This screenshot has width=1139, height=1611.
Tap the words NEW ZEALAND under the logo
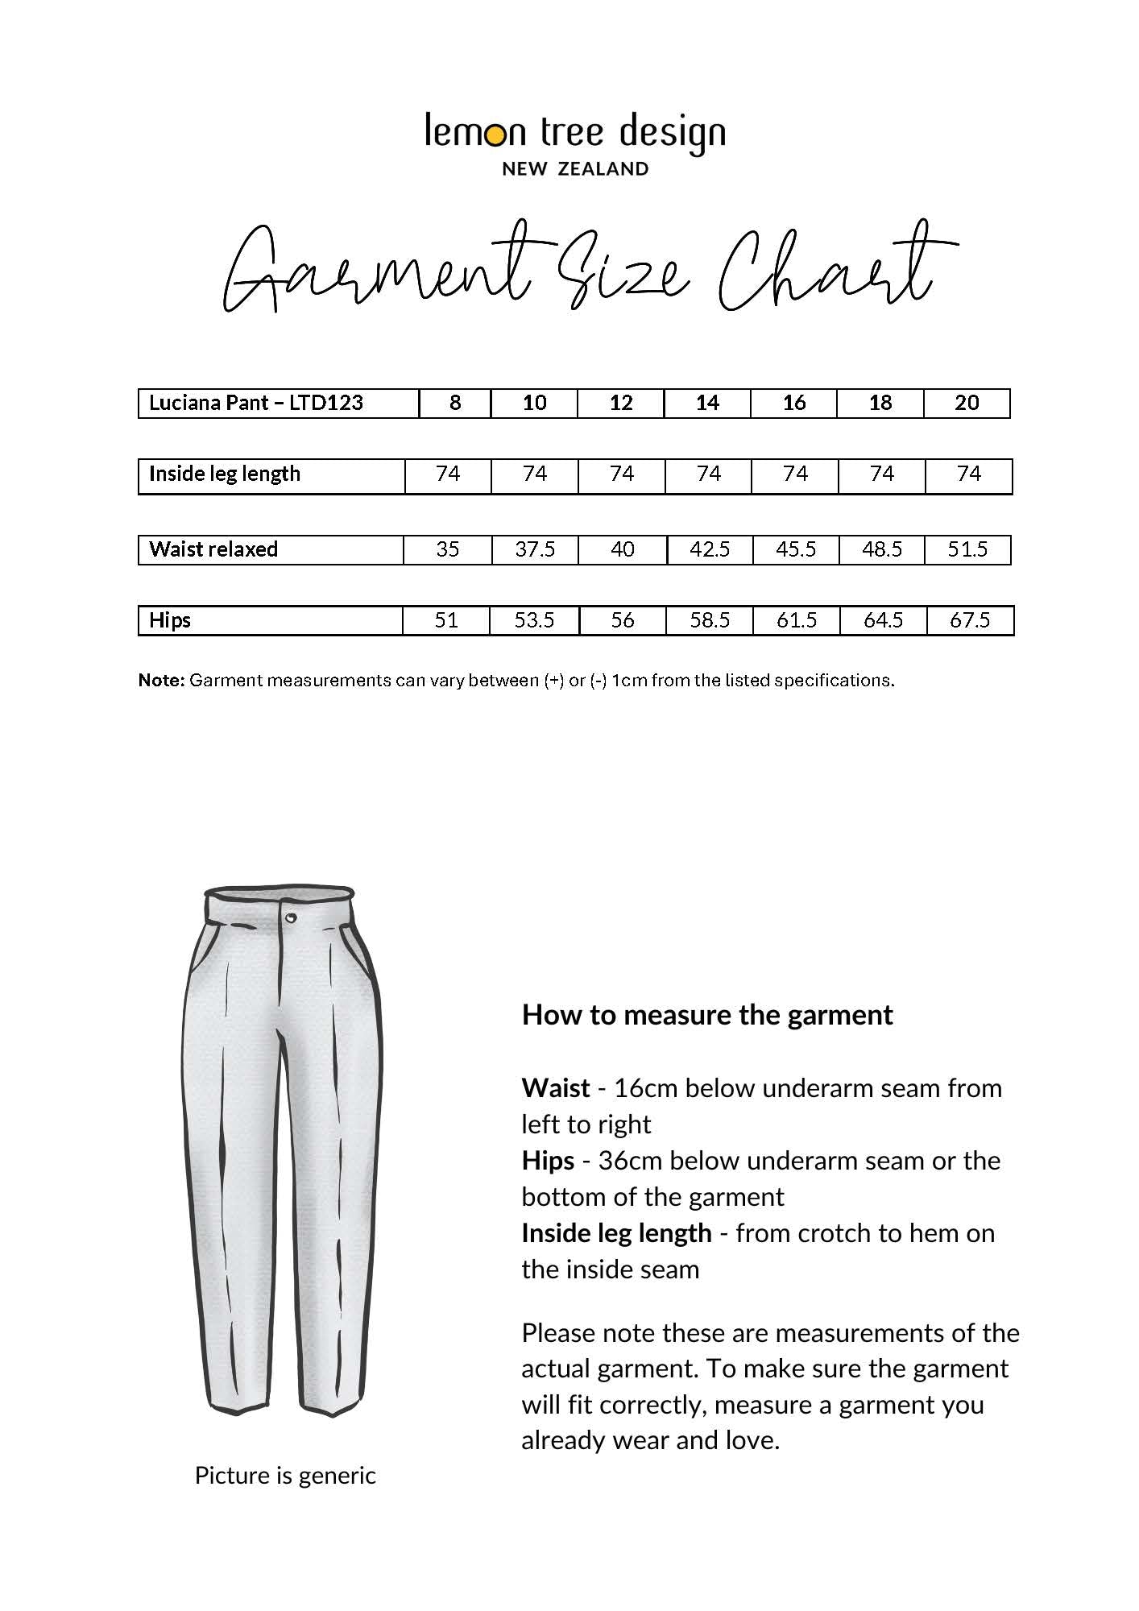575,169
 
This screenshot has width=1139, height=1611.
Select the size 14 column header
706,403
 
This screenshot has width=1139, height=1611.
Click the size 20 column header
966,403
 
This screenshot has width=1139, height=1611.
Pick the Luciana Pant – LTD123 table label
256,403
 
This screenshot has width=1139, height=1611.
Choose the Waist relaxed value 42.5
710,549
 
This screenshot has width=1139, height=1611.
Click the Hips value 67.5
969,620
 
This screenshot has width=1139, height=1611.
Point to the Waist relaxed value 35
447,549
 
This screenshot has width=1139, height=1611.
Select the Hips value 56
622,620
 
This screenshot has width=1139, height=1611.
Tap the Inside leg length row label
225,474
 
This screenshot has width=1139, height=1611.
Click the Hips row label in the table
170,620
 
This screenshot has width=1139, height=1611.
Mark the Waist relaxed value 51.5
967,549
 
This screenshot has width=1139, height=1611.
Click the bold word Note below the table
161,681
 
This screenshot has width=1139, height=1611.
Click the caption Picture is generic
285,1476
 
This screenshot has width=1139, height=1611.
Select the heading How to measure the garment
707,1015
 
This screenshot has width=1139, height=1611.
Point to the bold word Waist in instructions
556,1088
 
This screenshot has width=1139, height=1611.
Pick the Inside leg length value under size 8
447,474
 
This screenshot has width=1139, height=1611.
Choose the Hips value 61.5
796,620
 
